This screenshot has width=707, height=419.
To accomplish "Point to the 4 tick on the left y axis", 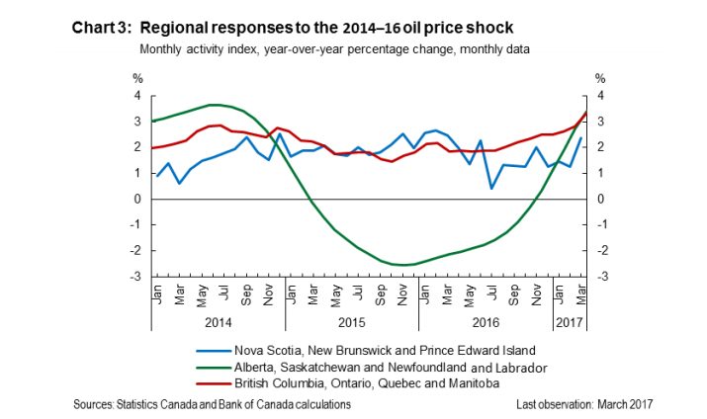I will (138, 96).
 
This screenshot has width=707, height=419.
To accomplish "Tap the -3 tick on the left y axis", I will (136, 276).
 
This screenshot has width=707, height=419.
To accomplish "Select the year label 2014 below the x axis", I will (219, 322).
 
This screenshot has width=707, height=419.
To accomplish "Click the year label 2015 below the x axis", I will (352, 322).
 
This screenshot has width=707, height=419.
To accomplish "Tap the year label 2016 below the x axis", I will (485, 322).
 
